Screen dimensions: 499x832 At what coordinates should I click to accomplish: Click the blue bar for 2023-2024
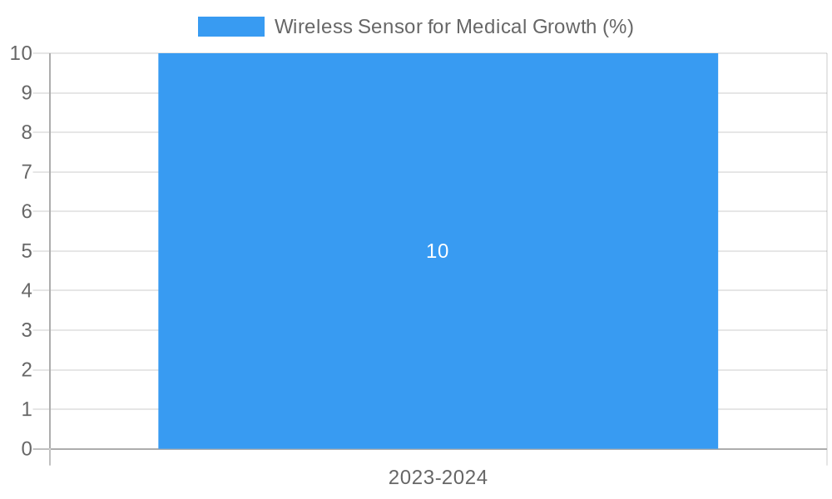click(438, 349)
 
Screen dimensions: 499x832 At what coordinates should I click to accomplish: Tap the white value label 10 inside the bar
click(438, 251)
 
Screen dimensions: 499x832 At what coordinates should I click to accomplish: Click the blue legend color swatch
click(230, 27)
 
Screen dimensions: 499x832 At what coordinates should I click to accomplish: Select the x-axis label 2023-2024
click(438, 477)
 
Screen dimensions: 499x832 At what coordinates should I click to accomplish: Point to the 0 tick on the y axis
click(27, 449)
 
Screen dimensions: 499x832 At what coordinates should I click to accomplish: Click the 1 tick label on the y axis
click(27, 409)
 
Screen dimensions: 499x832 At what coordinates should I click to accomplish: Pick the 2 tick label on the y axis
click(27, 370)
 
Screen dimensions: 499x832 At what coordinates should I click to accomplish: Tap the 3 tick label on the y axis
click(27, 330)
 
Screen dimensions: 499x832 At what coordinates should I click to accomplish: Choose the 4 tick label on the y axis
click(27, 290)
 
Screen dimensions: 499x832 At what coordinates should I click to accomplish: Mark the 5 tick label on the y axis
click(27, 251)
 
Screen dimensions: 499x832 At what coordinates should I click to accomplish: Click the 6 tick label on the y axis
click(27, 211)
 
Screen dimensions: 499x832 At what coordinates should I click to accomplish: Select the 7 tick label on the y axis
click(27, 172)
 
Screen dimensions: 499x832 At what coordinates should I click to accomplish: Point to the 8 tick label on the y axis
click(27, 132)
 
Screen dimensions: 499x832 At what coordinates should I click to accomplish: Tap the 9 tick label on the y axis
click(27, 92)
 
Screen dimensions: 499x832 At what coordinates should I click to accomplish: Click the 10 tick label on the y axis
click(21, 53)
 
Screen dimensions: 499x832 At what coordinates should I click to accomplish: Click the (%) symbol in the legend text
click(617, 27)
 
